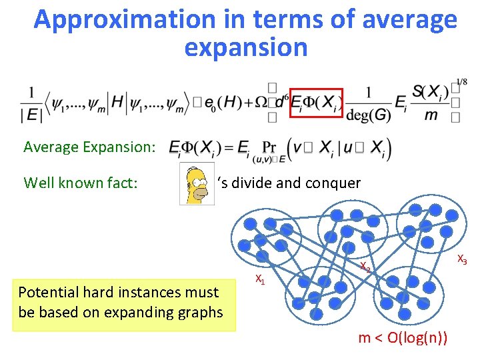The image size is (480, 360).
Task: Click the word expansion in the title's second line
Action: click(245, 48)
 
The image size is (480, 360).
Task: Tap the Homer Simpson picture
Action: click(197, 183)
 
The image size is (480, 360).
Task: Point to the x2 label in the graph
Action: click(365, 267)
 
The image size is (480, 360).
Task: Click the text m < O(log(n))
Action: click(403, 339)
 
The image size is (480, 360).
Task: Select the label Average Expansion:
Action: click(89, 147)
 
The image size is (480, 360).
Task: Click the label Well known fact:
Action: click(80, 183)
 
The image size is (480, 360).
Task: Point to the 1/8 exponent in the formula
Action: click(461, 83)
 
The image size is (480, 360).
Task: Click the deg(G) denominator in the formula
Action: click(369, 115)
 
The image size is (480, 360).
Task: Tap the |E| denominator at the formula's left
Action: click(31, 115)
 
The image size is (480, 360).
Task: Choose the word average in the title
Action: click(410, 20)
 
